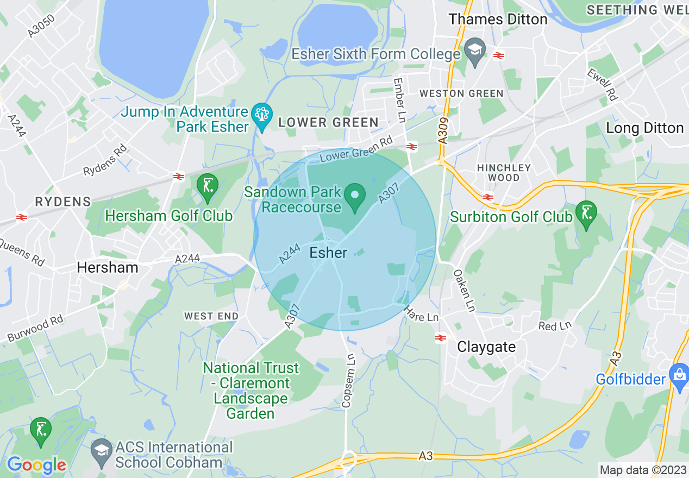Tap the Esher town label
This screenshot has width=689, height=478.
328,253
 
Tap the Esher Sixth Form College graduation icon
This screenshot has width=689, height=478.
475,52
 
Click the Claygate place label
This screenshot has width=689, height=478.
486,347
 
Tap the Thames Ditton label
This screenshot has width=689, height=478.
498,19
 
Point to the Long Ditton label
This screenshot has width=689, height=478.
644,128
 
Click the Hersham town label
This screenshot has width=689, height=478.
108,267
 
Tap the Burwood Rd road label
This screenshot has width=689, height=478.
35,329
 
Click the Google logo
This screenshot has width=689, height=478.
36,465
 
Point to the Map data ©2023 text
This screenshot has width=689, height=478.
642,470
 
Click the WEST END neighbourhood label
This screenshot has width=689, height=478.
211,316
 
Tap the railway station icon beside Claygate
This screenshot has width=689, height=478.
441,338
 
